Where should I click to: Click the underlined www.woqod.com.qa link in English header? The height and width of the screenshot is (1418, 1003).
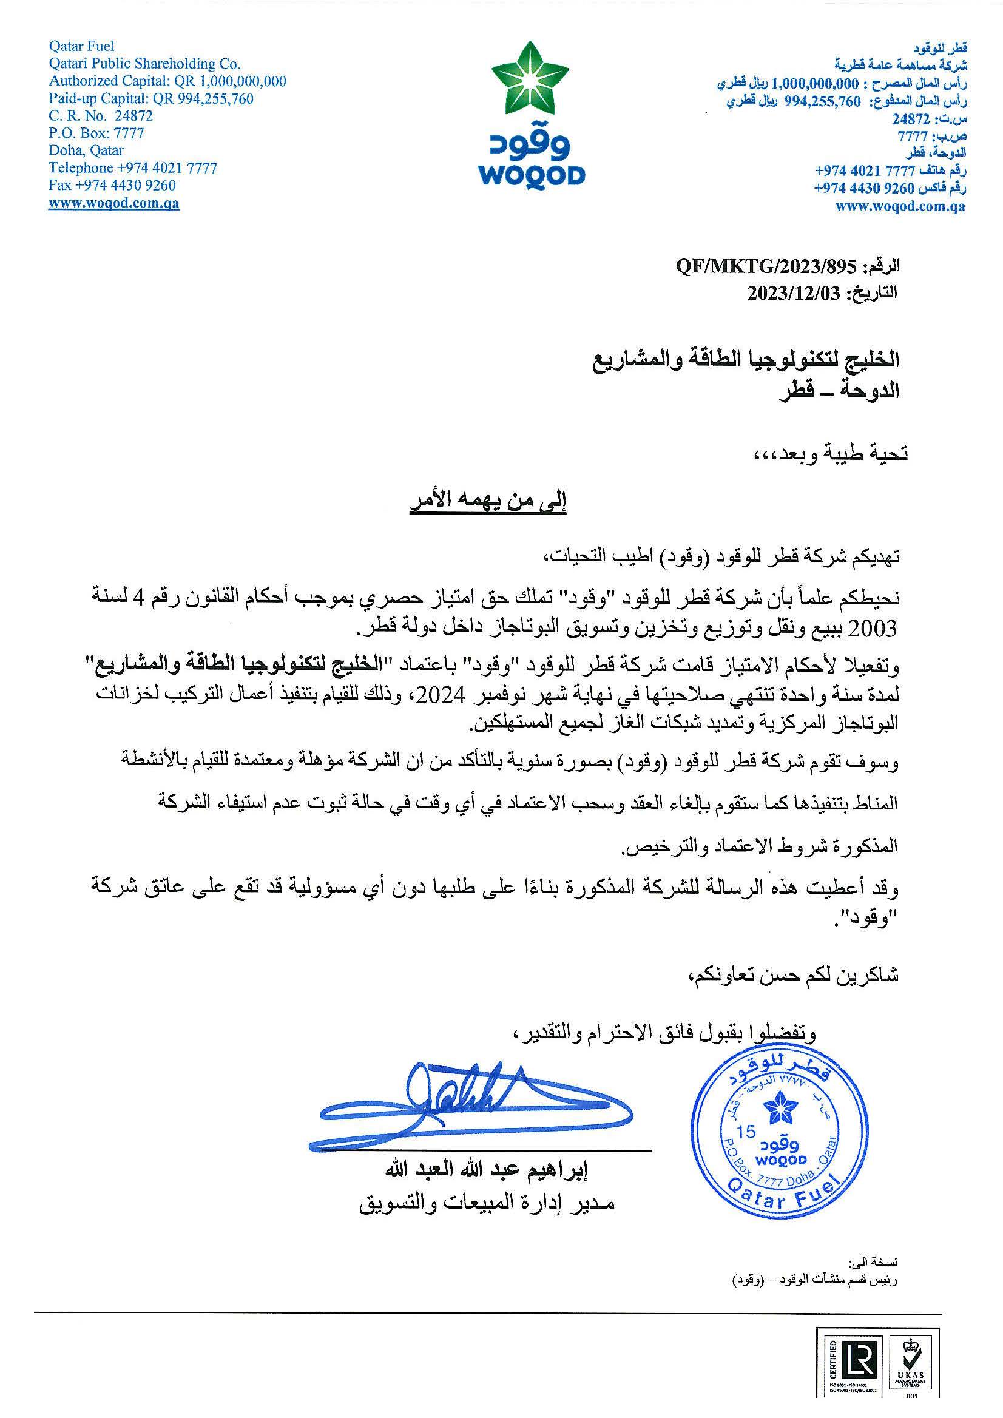pos(113,203)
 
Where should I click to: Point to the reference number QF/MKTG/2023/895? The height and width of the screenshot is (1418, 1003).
pos(766,267)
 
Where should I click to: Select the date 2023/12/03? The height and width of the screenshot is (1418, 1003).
pos(794,293)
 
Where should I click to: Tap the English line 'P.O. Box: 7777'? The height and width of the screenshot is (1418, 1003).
pos(96,133)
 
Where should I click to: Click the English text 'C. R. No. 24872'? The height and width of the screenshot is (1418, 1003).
pos(101,115)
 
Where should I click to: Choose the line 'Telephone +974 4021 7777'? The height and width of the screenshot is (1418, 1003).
pos(133,168)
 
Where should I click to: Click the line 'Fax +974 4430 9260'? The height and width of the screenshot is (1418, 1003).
pos(112,185)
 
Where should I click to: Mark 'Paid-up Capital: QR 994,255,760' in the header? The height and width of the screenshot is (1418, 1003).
pos(150,98)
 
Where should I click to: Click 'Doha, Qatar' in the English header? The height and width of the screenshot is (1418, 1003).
pos(86,150)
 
